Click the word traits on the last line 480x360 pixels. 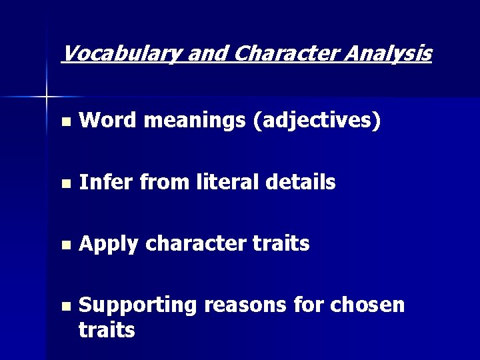point(107,329)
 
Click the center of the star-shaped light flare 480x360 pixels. point(47,97)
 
